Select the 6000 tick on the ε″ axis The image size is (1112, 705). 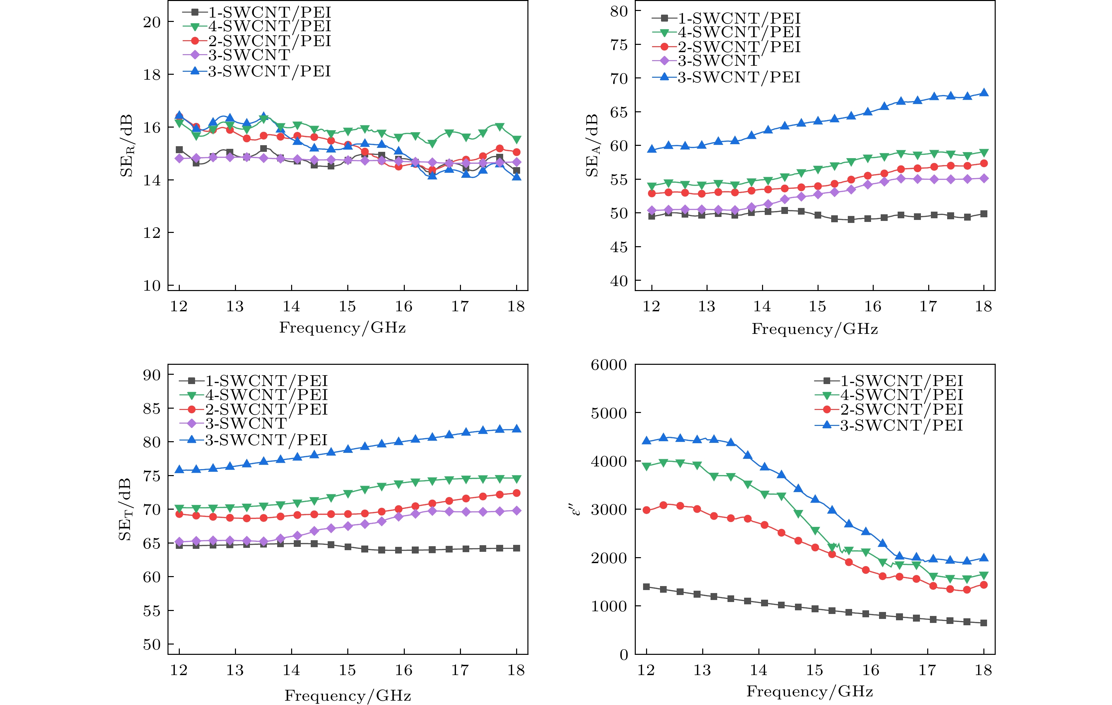609,365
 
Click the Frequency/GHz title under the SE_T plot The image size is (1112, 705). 348,696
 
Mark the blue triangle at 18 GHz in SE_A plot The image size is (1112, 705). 984,93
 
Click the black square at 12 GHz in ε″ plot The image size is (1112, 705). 646,587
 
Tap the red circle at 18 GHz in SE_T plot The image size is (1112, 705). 516,493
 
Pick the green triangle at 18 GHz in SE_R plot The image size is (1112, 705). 516,140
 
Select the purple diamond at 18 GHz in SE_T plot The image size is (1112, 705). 516,511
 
